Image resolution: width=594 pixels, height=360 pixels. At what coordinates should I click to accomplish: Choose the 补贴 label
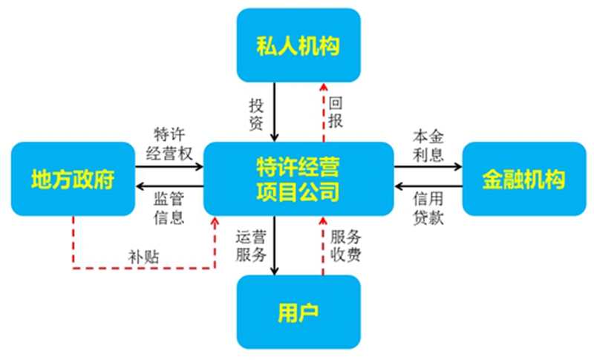point(145,257)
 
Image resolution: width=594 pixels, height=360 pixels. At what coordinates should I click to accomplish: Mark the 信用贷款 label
point(428,207)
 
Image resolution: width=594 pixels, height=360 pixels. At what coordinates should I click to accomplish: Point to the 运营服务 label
point(251,246)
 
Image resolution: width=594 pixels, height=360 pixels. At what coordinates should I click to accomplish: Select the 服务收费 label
point(345,246)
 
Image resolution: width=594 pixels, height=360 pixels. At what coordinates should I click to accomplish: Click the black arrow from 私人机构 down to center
point(275,111)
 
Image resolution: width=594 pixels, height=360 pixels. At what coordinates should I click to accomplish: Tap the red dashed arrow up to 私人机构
point(323,111)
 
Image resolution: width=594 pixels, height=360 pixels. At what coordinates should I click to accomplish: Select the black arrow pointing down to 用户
point(275,245)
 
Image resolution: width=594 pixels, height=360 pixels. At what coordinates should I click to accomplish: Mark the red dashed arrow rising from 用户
point(323,245)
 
